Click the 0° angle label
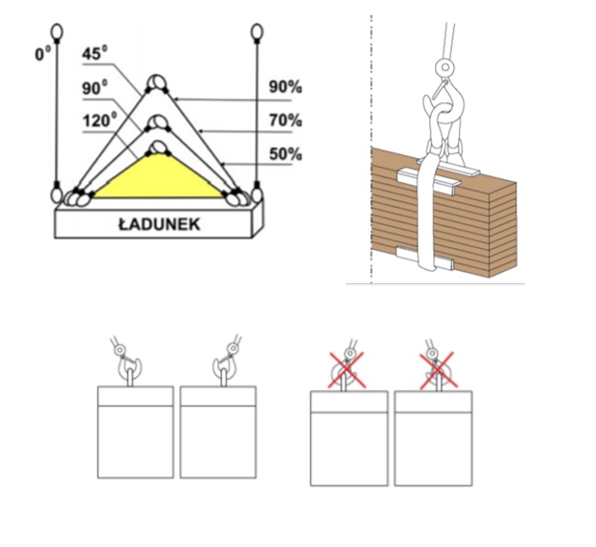click(42, 54)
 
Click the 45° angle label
click(94, 53)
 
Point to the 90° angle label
click(94, 88)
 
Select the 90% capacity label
click(286, 87)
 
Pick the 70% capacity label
click(286, 120)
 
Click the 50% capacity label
click(286, 154)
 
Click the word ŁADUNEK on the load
click(159, 224)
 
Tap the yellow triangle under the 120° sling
click(158, 178)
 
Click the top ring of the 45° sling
click(157, 82)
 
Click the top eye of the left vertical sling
click(57, 32)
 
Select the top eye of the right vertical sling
click(257, 32)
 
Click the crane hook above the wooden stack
click(445, 114)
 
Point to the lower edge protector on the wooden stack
click(425, 258)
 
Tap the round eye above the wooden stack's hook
click(445, 68)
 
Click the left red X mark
click(347, 370)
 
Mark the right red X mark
click(438, 371)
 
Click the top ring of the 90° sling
click(158, 123)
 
